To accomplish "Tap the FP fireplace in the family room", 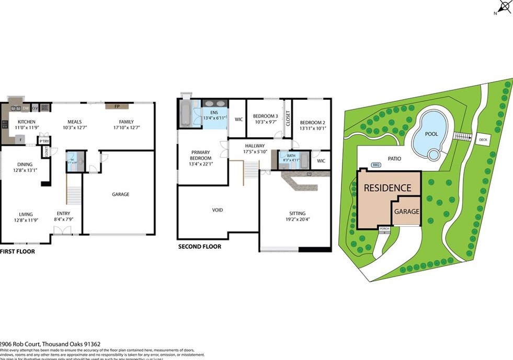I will (x=117, y=106).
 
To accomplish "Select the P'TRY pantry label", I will (x=44, y=141).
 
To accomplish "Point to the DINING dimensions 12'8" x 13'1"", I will (x=26, y=170).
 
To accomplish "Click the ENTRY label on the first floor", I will (x=64, y=213).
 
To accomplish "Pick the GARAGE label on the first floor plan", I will (x=120, y=194).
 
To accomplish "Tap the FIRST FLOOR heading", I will (x=17, y=251).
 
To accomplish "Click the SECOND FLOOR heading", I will (x=199, y=247).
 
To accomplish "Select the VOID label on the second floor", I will (x=218, y=210).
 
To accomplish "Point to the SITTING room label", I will (x=297, y=213).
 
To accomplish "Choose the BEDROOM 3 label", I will (x=265, y=116).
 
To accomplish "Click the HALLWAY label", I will (x=255, y=146).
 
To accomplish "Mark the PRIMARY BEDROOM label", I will (x=201, y=155).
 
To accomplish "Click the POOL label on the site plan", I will (x=431, y=134).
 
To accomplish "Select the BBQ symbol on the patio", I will (x=375, y=165).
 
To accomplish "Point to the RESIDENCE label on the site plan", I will (x=387, y=188).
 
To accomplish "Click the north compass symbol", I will (x=504, y=7).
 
